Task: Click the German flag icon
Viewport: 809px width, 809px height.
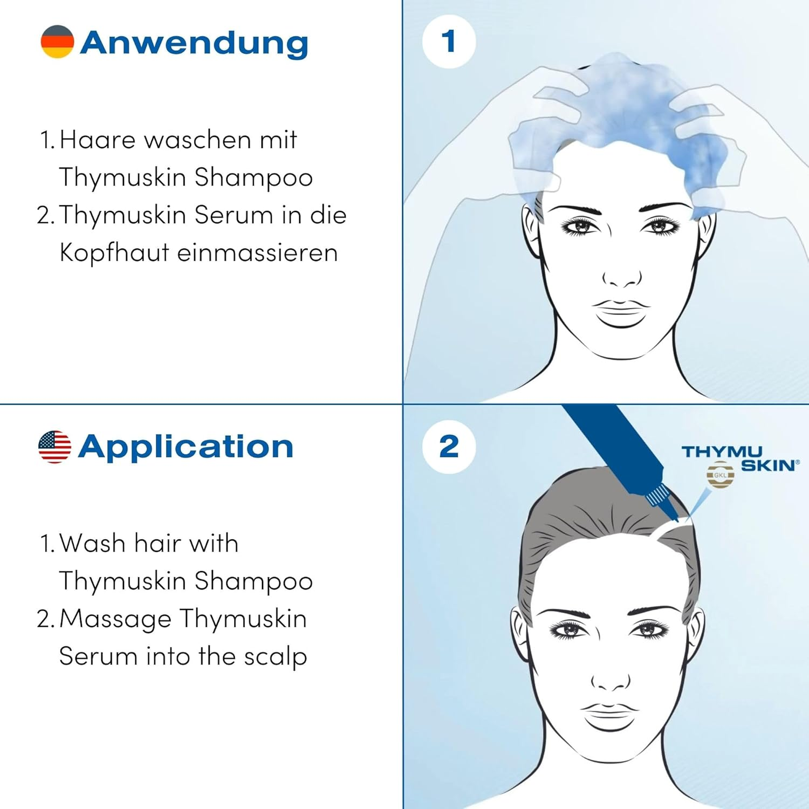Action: click(57, 42)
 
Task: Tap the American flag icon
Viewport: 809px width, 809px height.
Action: click(54, 447)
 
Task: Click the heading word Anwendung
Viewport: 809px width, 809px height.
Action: click(194, 43)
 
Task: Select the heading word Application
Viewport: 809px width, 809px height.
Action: click(186, 447)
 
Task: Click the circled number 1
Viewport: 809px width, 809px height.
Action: click(448, 42)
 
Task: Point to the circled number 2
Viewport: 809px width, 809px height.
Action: click(449, 447)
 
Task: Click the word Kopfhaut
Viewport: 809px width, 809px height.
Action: click(114, 252)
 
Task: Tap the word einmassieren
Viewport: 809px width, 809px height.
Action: click(257, 252)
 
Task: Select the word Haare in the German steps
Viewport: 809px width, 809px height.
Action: click(98, 140)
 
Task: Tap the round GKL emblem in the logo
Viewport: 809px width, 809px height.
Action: click(720, 475)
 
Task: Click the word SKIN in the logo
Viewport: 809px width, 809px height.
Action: click(768, 465)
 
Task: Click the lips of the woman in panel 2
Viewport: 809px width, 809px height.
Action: click(611, 715)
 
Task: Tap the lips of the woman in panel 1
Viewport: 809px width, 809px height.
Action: click(621, 312)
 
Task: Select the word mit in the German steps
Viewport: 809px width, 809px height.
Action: click(278, 140)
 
